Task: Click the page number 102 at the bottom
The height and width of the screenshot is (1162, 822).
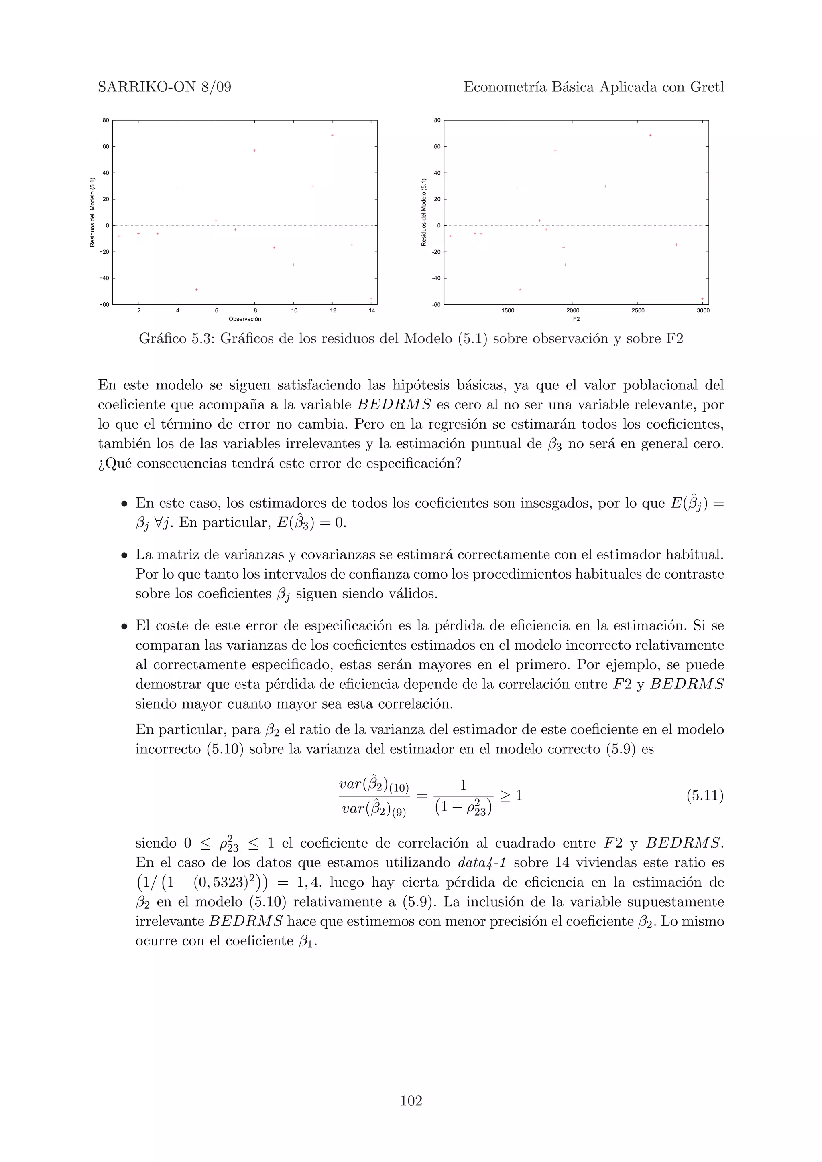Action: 411,1101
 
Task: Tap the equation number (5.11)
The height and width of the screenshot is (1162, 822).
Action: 704,796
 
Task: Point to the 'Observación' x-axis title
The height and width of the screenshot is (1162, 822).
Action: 244,319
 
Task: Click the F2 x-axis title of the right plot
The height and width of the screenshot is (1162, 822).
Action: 576,319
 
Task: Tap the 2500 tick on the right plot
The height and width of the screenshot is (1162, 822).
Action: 638,310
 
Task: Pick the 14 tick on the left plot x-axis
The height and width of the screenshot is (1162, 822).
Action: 372,310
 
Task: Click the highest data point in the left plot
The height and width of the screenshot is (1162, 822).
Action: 332,135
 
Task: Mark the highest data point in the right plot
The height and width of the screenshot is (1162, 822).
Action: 650,135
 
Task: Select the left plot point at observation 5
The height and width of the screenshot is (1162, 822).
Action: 197,289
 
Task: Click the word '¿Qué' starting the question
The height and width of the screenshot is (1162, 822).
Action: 114,464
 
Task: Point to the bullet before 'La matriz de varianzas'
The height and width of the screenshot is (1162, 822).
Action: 124,556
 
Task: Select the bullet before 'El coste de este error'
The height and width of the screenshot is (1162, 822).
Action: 124,627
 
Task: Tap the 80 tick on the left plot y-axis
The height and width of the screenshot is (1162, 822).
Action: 105,120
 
